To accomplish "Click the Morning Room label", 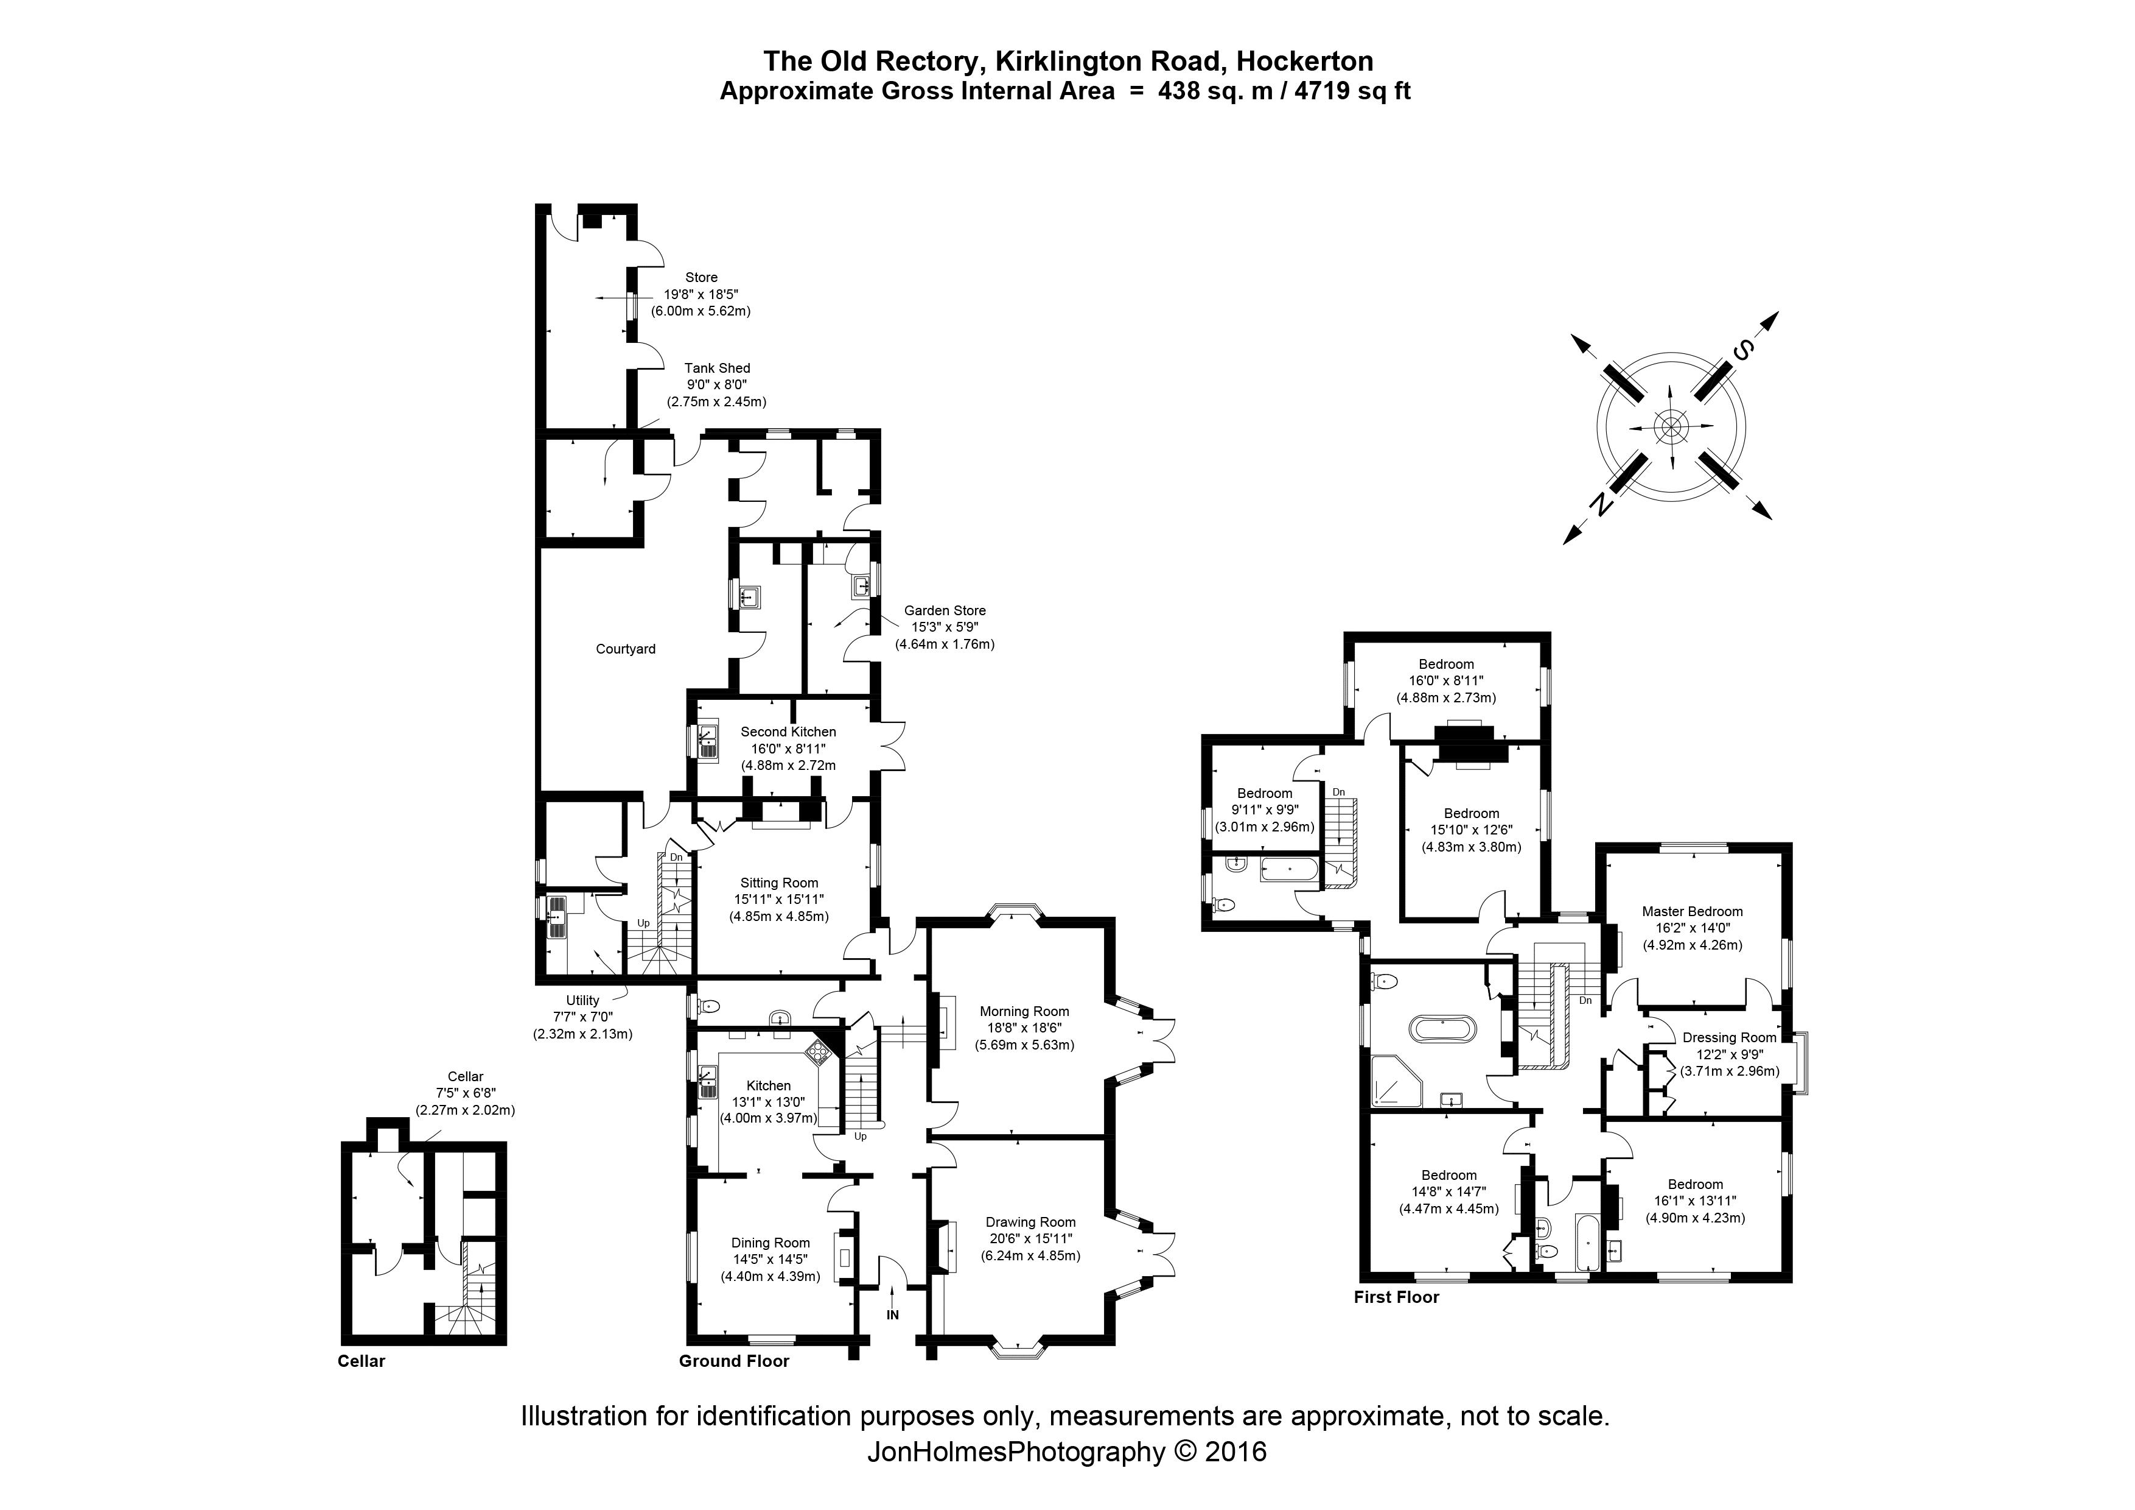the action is click(1024, 1011).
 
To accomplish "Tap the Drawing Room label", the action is click(1030, 1222).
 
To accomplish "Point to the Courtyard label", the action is click(625, 649).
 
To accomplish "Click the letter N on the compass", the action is click(1599, 505).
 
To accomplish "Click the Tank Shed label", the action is click(717, 369).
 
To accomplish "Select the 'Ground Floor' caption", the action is click(733, 1361).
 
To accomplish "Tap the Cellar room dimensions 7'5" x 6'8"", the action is click(465, 1093).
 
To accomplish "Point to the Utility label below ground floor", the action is click(582, 1000).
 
